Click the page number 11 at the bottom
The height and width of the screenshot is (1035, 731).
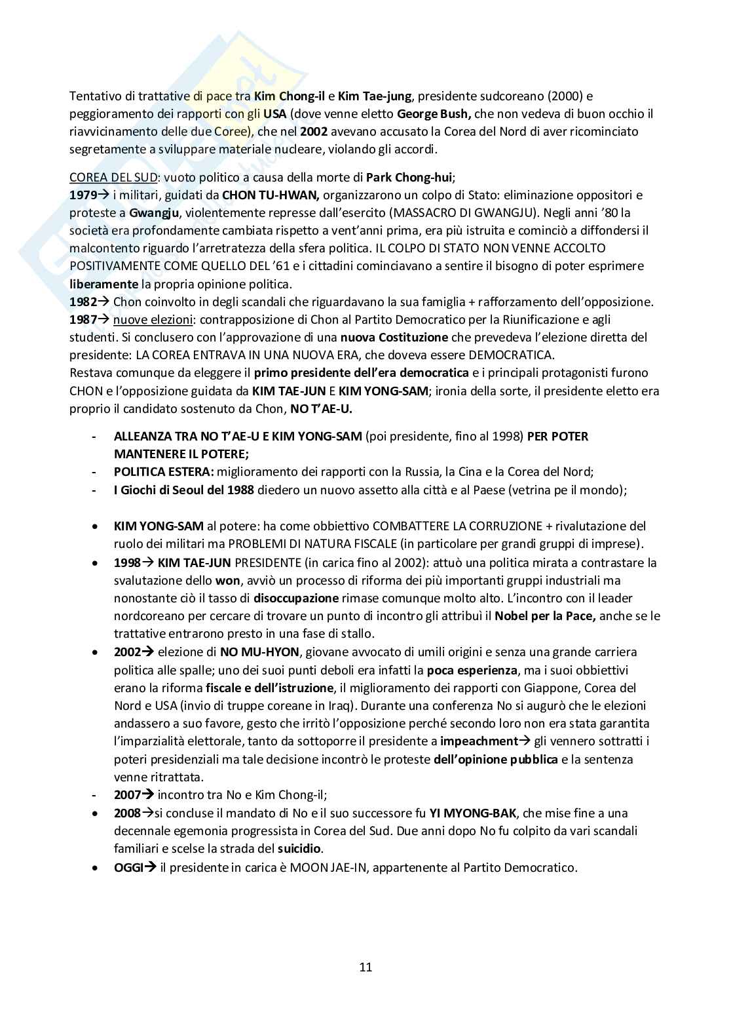(365, 967)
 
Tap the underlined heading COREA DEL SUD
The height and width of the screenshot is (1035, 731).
(112, 178)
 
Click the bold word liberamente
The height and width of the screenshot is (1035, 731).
(104, 284)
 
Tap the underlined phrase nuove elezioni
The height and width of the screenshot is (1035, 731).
(151, 320)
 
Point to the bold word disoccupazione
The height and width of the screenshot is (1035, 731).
(296, 598)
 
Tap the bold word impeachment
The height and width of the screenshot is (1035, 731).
(479, 741)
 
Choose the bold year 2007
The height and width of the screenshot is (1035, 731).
(127, 795)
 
